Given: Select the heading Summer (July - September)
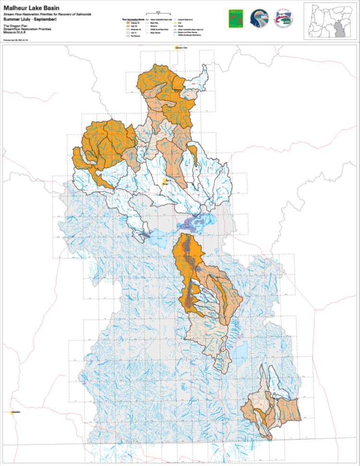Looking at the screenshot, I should pos(30,19).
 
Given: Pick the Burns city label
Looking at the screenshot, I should pos(168,180).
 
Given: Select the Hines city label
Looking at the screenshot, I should pos(166,184).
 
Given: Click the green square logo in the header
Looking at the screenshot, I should pos(236,19).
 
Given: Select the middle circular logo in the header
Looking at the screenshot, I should pos(260,19).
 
